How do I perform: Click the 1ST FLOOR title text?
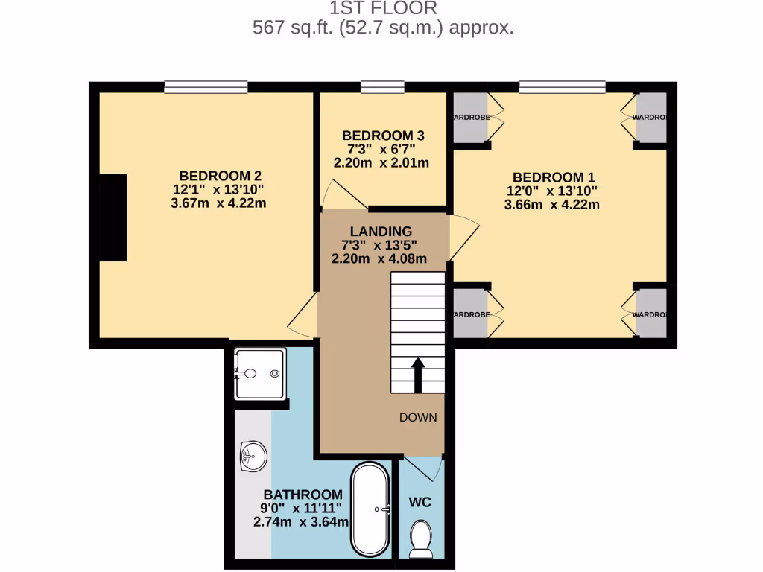[383, 8]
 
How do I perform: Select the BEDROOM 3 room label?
[383, 136]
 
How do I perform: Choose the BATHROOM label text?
[303, 495]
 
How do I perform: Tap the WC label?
[420, 503]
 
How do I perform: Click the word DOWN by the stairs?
[418, 417]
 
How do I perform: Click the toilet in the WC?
[422, 538]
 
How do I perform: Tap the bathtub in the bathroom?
[370, 509]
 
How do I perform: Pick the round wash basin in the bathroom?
[253, 454]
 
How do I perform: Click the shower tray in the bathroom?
[259, 374]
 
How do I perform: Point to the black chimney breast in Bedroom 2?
[113, 217]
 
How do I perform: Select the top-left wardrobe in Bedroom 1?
[469, 118]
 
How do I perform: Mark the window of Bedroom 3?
[382, 87]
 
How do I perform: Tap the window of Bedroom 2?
[206, 87]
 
